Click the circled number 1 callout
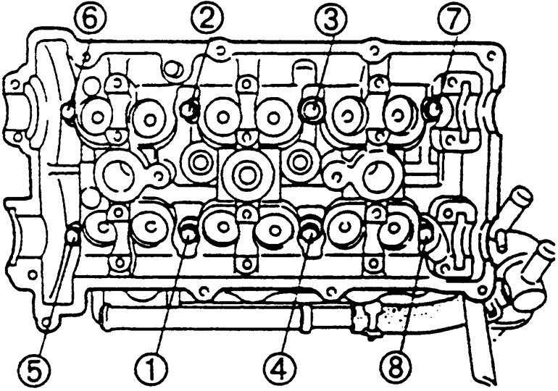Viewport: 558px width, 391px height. coord(151,371)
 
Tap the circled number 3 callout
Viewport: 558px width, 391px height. coord(330,19)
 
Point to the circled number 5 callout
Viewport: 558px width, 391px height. coord(35,371)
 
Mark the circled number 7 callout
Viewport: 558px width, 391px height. coord(453,19)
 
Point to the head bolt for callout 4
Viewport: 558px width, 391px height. coord(308,232)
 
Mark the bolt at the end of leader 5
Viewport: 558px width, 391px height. coord(72,235)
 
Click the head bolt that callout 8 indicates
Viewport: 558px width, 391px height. coord(426,234)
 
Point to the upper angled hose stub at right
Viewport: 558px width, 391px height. coord(515,210)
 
